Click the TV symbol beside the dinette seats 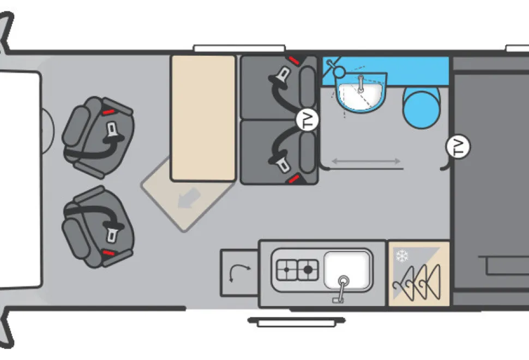(308, 120)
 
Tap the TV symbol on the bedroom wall (458, 146)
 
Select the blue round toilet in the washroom (422, 107)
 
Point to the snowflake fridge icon (402, 256)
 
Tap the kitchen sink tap (341, 289)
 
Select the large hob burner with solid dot (308, 269)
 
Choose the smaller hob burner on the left (287, 270)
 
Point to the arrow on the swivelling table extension (189, 199)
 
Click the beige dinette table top (203, 118)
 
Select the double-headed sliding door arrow (366, 161)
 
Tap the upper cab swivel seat (98, 137)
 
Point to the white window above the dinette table (239, 48)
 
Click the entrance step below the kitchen (296, 322)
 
